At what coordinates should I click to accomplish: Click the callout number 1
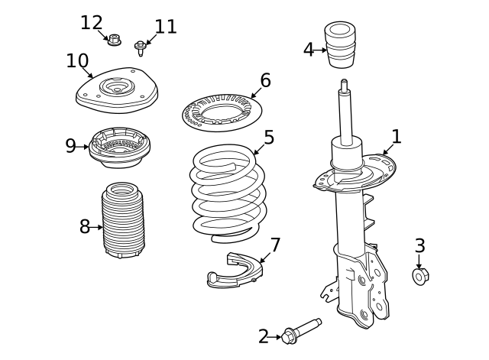pyautogui.click(x=396, y=137)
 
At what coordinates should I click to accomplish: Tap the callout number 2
pyautogui.click(x=264, y=336)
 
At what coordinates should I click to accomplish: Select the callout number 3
pyautogui.click(x=419, y=246)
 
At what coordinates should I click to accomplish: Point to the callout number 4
pyautogui.click(x=308, y=50)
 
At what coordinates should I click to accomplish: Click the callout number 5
pyautogui.click(x=269, y=138)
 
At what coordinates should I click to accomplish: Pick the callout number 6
pyautogui.click(x=265, y=80)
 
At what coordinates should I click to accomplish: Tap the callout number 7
pyautogui.click(x=275, y=245)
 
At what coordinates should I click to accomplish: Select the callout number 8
pyautogui.click(x=85, y=227)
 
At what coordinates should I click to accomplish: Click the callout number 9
pyautogui.click(x=70, y=146)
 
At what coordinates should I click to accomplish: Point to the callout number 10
pyautogui.click(x=77, y=61)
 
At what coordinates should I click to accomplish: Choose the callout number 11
pyautogui.click(x=165, y=28)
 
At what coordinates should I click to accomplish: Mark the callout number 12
pyautogui.click(x=91, y=23)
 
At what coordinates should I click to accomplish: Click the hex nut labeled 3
pyautogui.click(x=419, y=276)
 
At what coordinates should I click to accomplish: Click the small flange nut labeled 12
pyautogui.click(x=115, y=39)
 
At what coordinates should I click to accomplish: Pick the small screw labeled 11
pyautogui.click(x=141, y=49)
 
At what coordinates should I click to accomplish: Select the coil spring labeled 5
pyautogui.click(x=228, y=191)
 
